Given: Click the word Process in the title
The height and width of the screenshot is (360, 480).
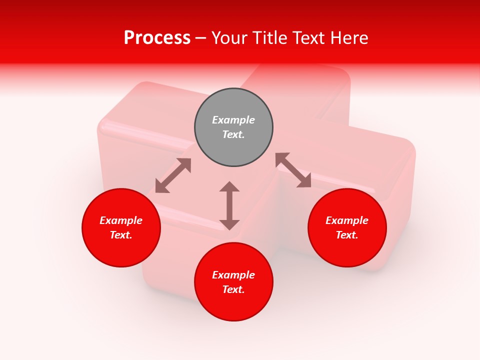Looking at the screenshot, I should (x=157, y=38).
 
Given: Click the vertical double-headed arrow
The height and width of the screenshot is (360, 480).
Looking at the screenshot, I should (x=229, y=205).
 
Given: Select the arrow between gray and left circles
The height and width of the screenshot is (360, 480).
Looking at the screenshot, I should (x=173, y=175).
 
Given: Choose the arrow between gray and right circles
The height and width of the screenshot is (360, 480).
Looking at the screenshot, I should (x=293, y=170).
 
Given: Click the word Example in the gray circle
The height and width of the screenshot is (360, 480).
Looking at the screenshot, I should (x=233, y=120).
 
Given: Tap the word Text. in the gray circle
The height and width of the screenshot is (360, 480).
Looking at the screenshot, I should (x=233, y=134).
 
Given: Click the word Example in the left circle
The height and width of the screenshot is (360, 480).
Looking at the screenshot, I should (x=121, y=220).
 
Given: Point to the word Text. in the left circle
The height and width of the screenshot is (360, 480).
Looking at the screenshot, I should (x=121, y=235).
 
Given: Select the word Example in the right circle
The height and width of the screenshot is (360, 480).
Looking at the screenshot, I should (x=347, y=220).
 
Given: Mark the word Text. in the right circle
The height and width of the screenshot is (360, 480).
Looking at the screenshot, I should (x=347, y=235).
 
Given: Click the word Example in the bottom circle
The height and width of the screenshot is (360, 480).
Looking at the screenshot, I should (x=233, y=275).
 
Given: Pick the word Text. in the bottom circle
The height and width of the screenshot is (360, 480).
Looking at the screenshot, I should (x=233, y=289).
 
